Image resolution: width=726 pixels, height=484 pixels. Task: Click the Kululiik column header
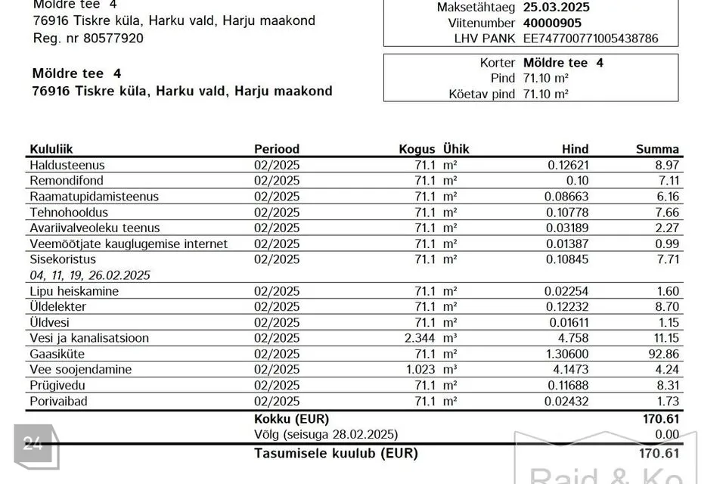pos(51,149)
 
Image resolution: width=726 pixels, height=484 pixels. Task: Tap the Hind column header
pos(575,149)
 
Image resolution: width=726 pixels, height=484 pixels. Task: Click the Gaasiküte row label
pos(57,354)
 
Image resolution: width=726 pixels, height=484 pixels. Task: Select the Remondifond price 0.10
pos(577,181)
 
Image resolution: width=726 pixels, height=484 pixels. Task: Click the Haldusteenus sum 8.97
pos(665,165)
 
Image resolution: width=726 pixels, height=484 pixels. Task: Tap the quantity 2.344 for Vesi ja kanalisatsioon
pos(420,338)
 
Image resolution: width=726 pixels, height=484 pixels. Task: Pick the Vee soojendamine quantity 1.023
pos(420,370)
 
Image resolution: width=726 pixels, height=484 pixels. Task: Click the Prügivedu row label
pos(58,386)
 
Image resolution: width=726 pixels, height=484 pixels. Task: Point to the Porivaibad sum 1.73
pos(665,402)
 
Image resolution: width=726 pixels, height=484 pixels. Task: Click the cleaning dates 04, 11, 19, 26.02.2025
pos(90,275)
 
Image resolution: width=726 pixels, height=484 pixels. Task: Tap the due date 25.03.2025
pos(557,8)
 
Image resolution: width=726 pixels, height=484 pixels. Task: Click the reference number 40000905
pos(553,23)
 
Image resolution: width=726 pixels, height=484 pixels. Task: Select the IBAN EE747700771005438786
pos(591,38)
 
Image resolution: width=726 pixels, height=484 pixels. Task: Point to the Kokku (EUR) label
pos(291,418)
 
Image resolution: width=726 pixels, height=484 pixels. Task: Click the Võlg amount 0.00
pos(665,434)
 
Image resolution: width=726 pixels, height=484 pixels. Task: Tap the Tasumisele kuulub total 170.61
pos(659,454)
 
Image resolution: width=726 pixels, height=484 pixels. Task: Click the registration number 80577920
pos(113,38)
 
